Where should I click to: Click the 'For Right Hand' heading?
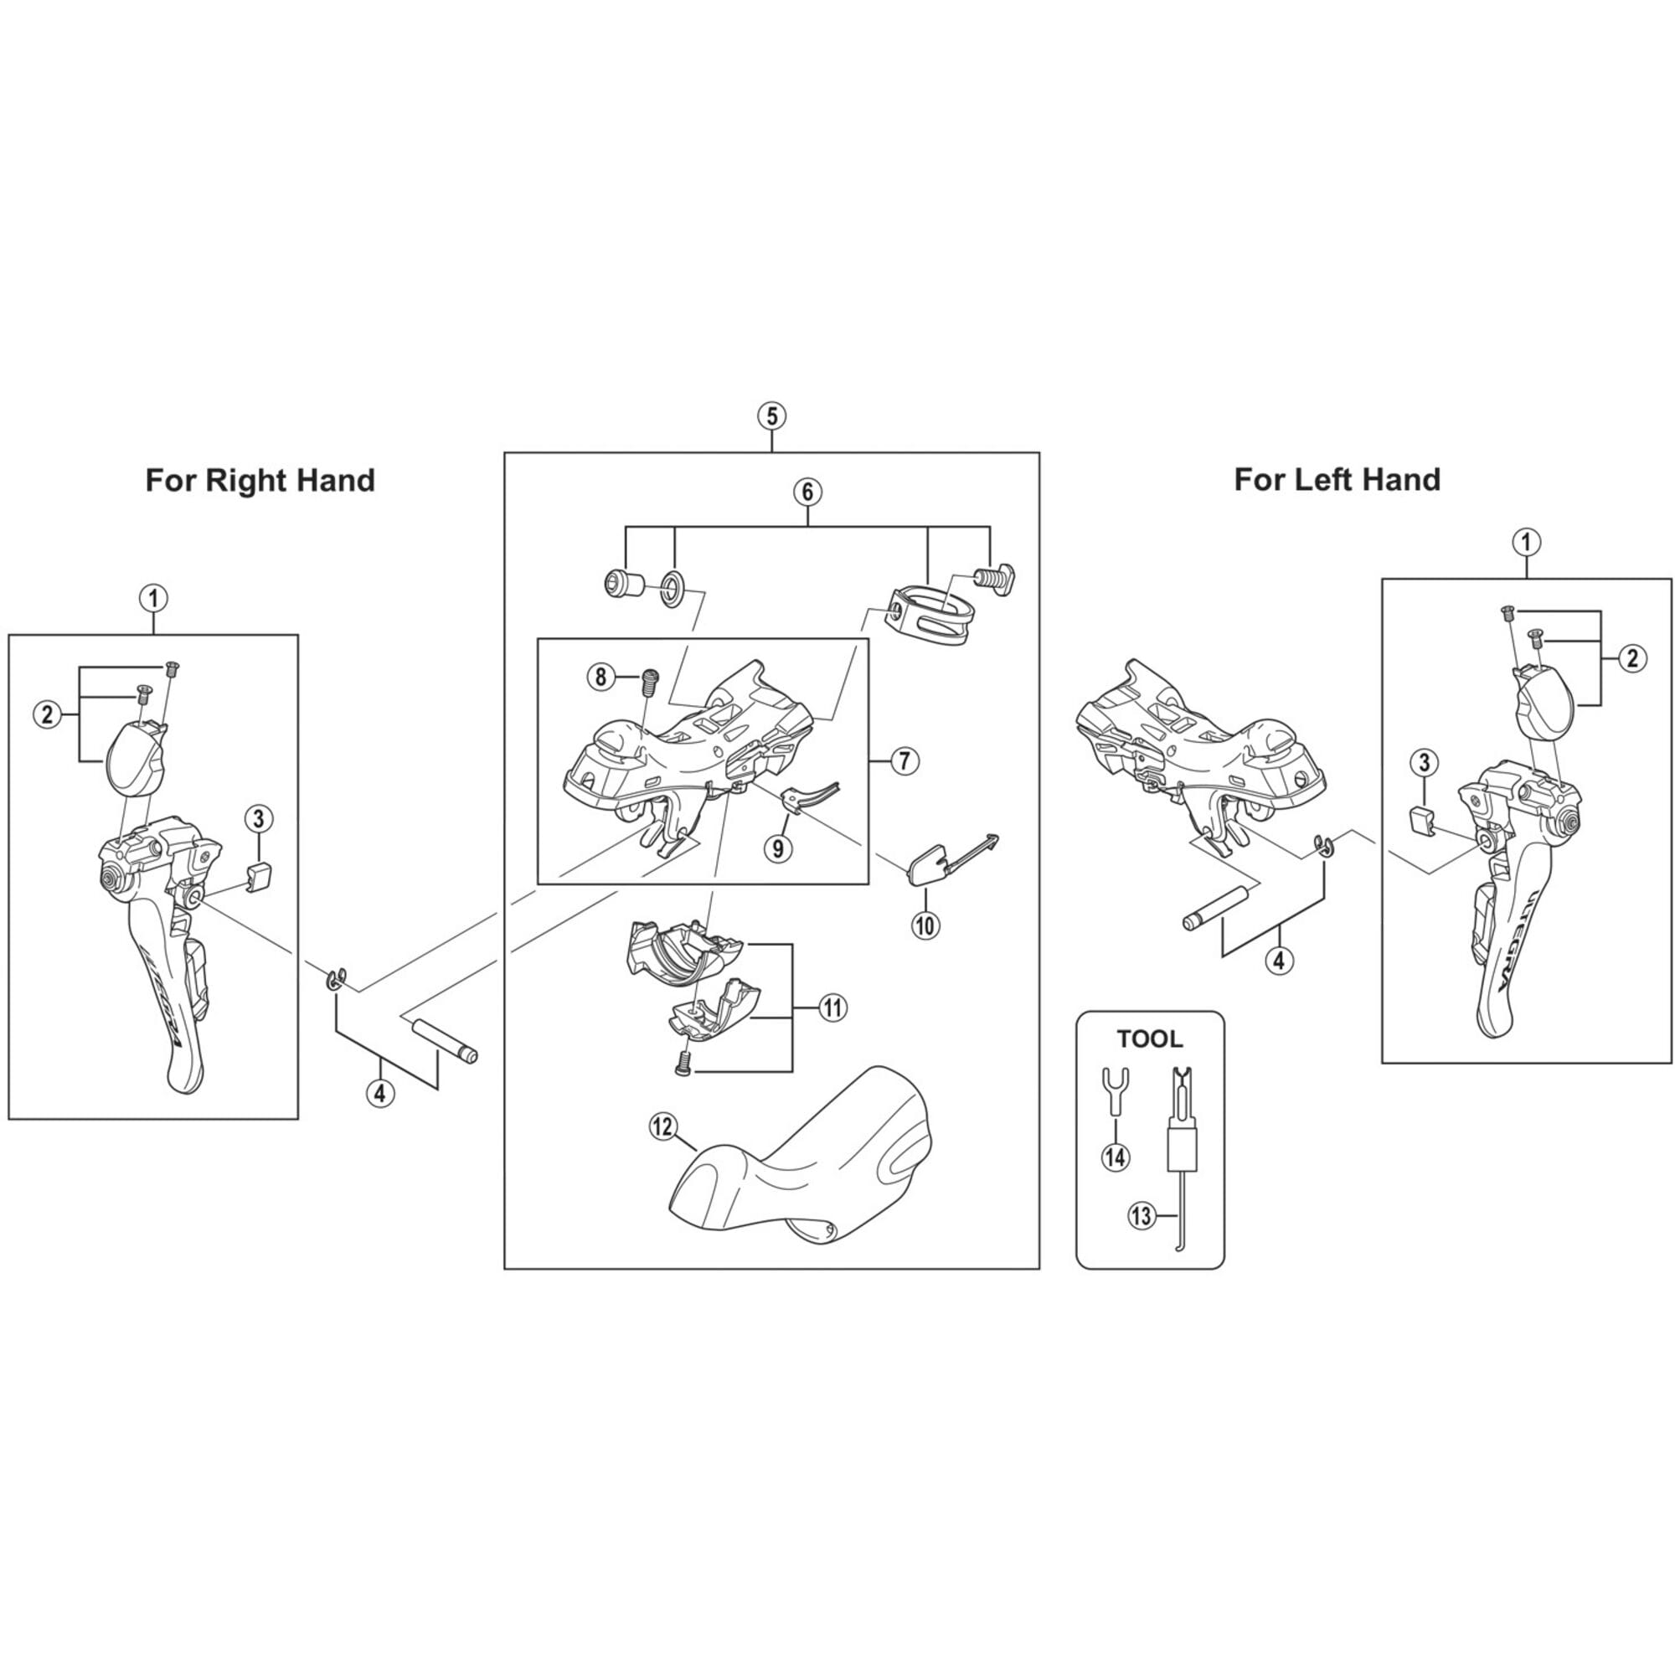coord(260,479)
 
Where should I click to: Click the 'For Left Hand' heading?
coord(1337,478)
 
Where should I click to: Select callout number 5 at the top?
coord(770,416)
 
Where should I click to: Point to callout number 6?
coord(807,492)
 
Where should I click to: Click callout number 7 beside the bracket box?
coord(904,761)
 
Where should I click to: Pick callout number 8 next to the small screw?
coord(600,676)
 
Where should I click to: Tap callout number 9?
coord(778,847)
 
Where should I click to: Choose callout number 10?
coord(925,925)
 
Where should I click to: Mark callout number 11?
coord(832,1008)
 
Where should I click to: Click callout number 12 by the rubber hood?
coord(662,1127)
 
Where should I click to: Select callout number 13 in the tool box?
coord(1141,1215)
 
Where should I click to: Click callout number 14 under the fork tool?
coord(1115,1156)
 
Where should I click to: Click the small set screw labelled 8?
coord(646,682)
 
